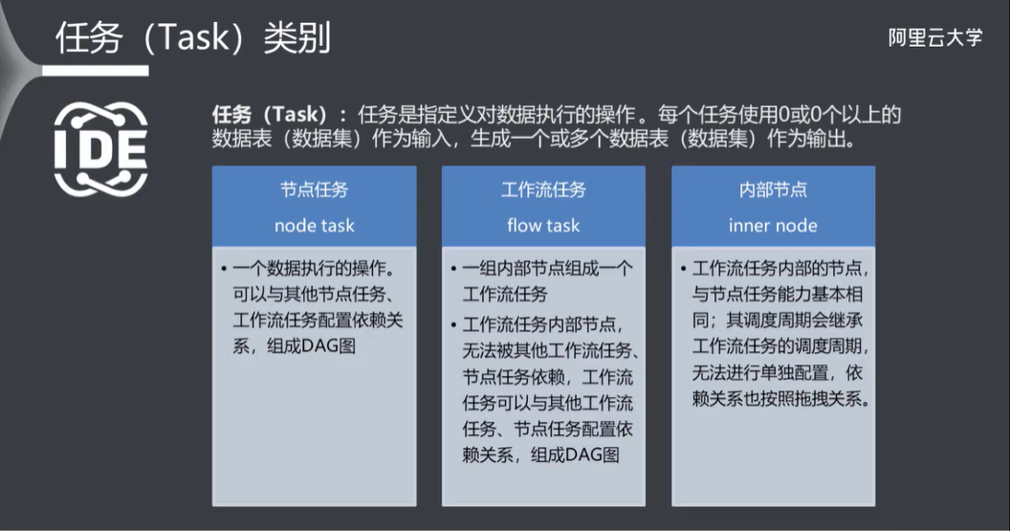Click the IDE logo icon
[x=100, y=148]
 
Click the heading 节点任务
[x=314, y=189]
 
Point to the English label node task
[x=314, y=226]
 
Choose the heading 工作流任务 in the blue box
[x=543, y=189]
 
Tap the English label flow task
[x=543, y=226]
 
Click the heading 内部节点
[x=773, y=189]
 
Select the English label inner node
[x=773, y=226]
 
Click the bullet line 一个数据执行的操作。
[x=312, y=268]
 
